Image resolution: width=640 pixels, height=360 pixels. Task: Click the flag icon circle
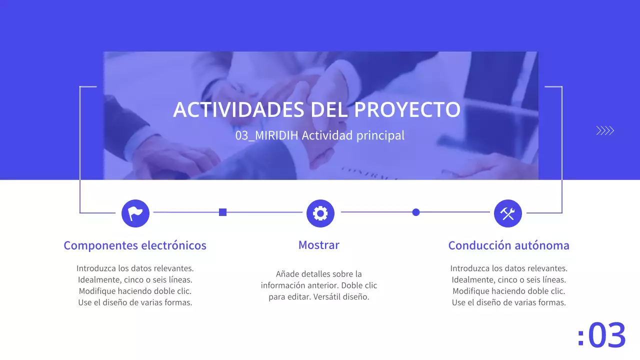coord(135,213)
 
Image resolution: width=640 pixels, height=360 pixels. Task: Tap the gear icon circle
coord(320,213)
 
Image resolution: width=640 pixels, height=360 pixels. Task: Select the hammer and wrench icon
coord(507,213)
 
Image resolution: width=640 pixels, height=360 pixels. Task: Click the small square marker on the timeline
coord(223,212)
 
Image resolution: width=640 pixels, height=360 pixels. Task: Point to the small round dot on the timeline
coord(415,212)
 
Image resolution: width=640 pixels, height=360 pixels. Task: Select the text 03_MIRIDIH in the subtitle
coord(267,135)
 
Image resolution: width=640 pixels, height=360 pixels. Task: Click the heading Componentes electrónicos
coord(135,245)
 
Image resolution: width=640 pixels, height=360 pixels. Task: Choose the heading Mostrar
coord(318,245)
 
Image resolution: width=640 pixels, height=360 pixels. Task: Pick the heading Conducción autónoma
coord(508,245)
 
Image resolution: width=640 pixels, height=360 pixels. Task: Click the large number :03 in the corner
coord(601,335)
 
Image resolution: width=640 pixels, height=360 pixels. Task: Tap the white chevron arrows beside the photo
coord(605,131)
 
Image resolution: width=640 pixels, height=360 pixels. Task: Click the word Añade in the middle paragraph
coord(287,274)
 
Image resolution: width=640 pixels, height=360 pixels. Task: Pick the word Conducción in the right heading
coord(479,245)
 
